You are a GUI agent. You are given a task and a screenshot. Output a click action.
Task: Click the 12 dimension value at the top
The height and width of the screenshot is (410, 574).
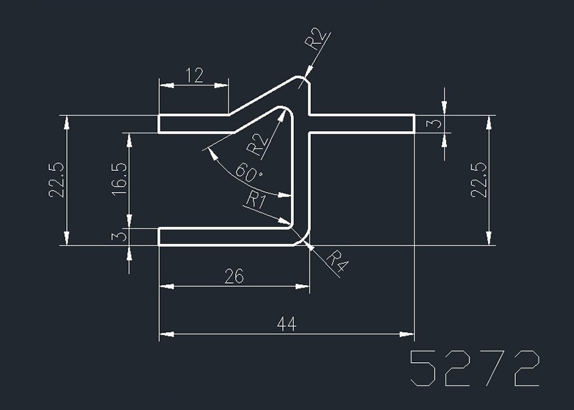pyautogui.click(x=194, y=75)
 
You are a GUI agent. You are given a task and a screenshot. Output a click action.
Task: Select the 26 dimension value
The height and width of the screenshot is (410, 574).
pyautogui.click(x=234, y=277)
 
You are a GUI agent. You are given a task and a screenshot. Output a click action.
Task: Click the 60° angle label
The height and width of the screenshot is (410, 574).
pyautogui.click(x=248, y=173)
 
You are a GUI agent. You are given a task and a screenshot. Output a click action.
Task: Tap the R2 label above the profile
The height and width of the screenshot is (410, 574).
pyautogui.click(x=315, y=40)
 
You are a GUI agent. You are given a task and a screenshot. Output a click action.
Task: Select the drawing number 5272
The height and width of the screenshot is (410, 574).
pyautogui.click(x=474, y=369)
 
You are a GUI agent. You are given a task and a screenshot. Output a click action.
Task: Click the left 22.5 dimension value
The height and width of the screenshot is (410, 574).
pyautogui.click(x=56, y=180)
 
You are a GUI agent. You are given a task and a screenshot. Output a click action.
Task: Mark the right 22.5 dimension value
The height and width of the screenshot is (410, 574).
pyautogui.click(x=479, y=180)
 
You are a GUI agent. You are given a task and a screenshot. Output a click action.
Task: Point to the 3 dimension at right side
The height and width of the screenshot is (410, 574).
pyautogui.click(x=430, y=124)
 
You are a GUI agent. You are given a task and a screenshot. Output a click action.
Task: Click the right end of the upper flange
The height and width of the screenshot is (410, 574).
pyautogui.click(x=413, y=124)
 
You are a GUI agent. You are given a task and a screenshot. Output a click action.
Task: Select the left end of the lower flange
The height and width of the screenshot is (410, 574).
pyautogui.click(x=160, y=236)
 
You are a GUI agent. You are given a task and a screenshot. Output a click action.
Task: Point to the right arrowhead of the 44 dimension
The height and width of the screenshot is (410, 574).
pyautogui.click(x=408, y=335)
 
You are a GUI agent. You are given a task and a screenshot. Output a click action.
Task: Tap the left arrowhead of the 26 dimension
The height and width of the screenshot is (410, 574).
pyautogui.click(x=165, y=286)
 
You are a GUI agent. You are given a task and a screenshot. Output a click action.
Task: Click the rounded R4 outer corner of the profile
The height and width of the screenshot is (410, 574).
pyautogui.click(x=304, y=239)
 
